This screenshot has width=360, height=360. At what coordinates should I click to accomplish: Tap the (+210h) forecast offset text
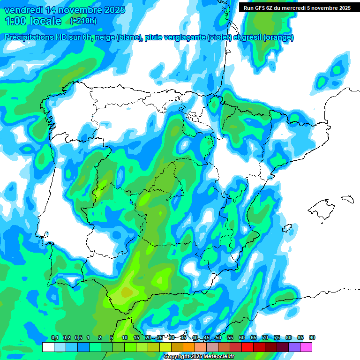(x=83, y=21)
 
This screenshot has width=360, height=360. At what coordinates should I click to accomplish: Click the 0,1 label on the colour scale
(x=54, y=338)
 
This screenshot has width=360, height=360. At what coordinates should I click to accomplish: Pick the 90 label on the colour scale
(x=312, y=338)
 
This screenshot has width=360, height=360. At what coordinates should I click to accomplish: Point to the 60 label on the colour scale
(x=242, y=338)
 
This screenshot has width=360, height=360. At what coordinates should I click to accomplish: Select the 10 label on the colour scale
(x=125, y=338)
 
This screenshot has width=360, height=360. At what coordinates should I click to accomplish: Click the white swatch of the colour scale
(x=48, y=347)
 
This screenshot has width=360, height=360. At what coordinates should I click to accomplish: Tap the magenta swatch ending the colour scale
(x=306, y=347)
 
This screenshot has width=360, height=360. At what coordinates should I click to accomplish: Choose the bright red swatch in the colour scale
(x=247, y=347)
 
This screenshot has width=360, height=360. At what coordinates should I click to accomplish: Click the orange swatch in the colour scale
(x=188, y=347)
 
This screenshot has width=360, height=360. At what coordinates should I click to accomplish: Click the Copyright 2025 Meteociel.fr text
(x=199, y=356)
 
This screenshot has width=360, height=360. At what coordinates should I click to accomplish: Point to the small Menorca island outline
(x=347, y=199)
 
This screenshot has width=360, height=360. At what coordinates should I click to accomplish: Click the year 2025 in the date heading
(x=112, y=10)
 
